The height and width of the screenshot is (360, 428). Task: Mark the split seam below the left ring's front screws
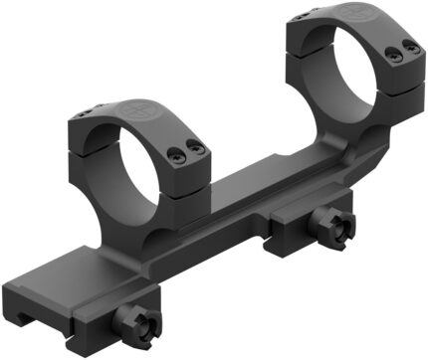click(189, 171)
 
